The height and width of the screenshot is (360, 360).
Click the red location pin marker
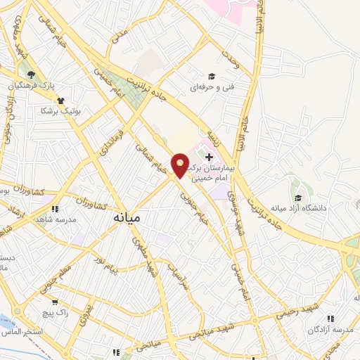(180, 165)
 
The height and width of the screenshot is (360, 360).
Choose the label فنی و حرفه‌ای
(210, 87)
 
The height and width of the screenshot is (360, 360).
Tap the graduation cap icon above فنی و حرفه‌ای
(210, 76)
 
